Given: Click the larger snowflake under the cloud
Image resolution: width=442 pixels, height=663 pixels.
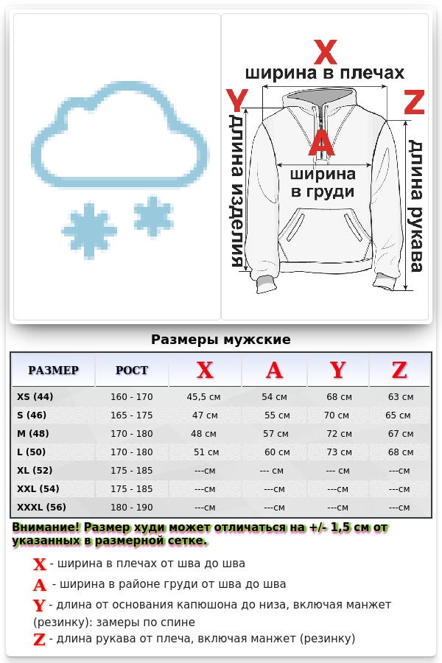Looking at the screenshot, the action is [90, 230].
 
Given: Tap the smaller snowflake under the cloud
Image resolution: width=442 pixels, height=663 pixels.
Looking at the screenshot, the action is [153, 216].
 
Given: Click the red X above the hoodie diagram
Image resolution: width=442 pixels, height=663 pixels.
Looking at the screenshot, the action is [325, 53].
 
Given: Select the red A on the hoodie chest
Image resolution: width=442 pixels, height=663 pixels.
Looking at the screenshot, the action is [321, 144].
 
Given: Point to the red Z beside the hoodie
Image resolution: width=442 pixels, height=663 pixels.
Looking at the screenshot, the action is [415, 103].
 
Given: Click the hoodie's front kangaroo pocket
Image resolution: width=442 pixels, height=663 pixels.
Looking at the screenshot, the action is [323, 229].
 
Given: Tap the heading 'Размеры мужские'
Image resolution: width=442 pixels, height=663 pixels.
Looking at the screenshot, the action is [221, 340].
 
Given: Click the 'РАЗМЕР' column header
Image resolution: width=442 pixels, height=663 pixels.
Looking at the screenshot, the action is [53, 370].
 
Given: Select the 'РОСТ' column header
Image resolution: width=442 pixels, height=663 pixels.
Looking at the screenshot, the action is [132, 370].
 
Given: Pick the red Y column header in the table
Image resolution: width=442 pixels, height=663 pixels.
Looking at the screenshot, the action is [337, 370].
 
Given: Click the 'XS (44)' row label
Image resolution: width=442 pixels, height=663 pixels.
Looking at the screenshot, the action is [35, 397].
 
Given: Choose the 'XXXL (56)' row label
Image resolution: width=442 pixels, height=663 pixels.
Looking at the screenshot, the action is [41, 507].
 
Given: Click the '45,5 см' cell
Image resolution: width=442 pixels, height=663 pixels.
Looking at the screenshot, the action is [204, 397].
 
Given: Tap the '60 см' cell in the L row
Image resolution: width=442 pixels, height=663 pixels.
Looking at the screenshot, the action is [277, 452].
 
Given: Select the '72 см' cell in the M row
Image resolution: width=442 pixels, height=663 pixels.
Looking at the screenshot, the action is [339, 434].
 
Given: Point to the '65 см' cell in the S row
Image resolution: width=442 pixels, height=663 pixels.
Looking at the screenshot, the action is [398, 415].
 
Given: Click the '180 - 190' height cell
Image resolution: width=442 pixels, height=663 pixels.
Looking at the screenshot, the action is [132, 507].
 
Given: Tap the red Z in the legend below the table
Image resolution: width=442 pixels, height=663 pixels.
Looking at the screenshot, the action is [40, 639].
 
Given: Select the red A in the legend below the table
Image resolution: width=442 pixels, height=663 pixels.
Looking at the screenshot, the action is [40, 586].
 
